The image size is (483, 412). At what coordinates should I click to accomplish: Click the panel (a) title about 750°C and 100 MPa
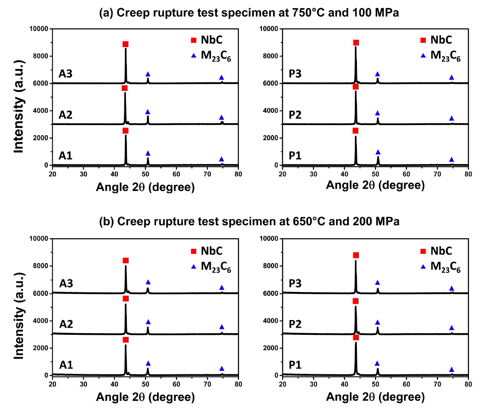[x=249, y=13]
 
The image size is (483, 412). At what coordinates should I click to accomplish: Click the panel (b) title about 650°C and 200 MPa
[x=249, y=222]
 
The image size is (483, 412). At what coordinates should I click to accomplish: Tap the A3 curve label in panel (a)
[x=65, y=74]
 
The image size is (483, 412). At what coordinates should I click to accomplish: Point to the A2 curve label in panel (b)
[x=65, y=324]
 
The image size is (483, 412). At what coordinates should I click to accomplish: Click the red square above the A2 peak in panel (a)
[x=125, y=88]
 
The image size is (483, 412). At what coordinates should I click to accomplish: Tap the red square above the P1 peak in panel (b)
[x=356, y=337]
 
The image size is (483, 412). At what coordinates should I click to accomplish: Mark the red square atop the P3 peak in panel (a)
[x=356, y=43]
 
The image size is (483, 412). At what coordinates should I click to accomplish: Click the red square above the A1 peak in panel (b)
[x=126, y=340]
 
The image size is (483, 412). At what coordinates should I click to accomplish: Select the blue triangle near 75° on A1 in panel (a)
[x=222, y=159]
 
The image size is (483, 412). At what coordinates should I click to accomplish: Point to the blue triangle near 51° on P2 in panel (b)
[x=377, y=323]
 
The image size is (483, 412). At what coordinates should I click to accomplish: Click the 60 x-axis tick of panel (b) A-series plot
[x=177, y=384]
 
